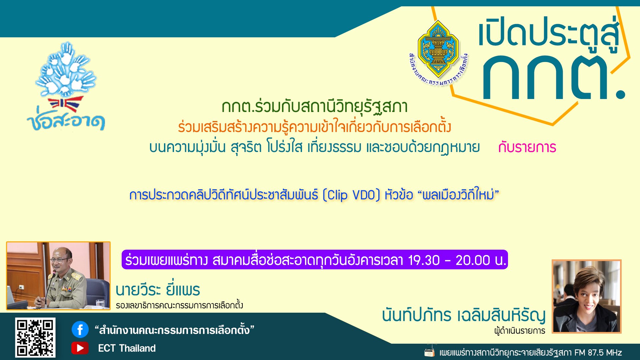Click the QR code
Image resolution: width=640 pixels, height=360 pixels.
[35, 337]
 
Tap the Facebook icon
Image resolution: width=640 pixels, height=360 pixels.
[80, 330]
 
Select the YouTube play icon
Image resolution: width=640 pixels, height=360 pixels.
[80, 348]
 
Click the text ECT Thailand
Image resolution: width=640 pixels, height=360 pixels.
[127, 348]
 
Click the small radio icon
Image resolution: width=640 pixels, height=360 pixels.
[429, 352]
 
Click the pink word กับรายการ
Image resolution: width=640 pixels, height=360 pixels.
[527, 147]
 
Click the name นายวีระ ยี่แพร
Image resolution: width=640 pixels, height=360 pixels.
[158, 290]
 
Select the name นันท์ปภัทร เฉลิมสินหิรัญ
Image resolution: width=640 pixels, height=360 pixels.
[463, 315]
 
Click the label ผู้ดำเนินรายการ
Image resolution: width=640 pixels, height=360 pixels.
[520, 331]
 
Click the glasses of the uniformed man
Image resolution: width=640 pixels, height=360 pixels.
[59, 260]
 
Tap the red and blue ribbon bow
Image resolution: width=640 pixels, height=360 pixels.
[66, 104]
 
